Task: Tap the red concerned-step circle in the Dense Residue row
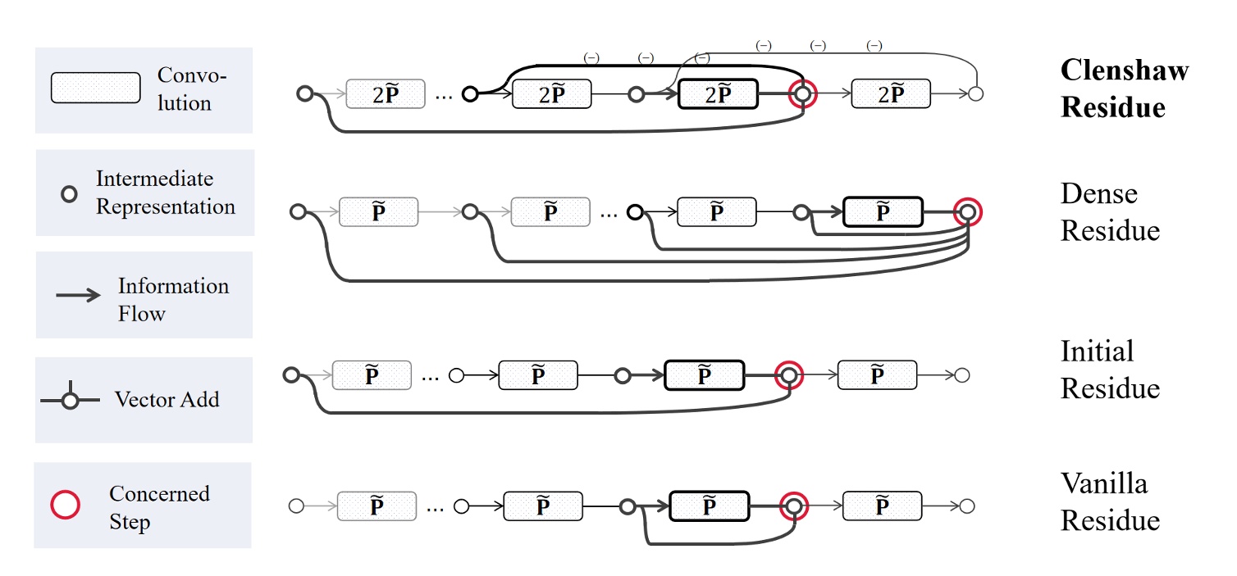968,212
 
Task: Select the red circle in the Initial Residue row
788,375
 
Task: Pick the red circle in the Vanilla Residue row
793,506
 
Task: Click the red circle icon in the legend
66,505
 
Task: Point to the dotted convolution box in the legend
95,88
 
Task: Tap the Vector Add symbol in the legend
71,399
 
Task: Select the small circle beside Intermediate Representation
71,194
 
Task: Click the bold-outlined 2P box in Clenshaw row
718,95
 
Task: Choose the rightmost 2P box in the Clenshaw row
891,94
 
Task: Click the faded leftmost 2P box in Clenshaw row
386,95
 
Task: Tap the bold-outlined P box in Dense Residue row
883,212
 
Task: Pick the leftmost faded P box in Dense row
378,212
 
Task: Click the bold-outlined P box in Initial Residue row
704,375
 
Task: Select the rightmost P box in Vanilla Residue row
882,506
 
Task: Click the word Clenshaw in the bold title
1124,70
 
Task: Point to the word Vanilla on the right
1103,483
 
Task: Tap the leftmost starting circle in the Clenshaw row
305,94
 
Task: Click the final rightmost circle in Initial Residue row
963,375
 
